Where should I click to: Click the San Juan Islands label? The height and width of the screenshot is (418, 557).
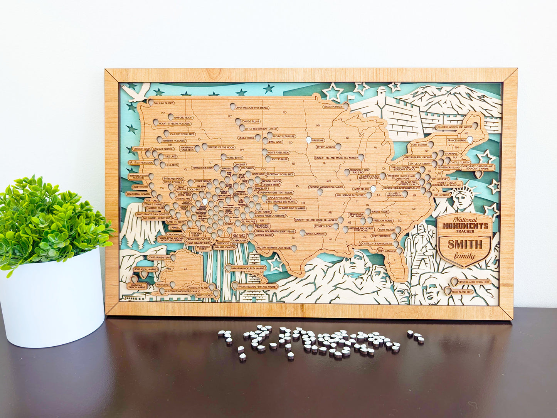tap(163, 103)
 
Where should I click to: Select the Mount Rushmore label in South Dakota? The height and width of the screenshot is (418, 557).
tap(284, 136)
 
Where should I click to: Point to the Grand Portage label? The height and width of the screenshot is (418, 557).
tap(333, 106)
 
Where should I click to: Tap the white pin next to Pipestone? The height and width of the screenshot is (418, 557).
tap(308, 140)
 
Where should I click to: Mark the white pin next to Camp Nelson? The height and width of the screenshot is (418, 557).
tap(374, 189)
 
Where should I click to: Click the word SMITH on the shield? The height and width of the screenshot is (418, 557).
tap(464, 244)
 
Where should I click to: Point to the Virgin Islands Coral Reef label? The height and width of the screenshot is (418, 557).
tap(474, 282)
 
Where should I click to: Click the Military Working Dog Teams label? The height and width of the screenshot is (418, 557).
tap(274, 248)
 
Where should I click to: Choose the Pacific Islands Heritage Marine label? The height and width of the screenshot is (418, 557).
tap(257, 287)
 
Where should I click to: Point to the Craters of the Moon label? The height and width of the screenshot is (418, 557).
tap(221, 147)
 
